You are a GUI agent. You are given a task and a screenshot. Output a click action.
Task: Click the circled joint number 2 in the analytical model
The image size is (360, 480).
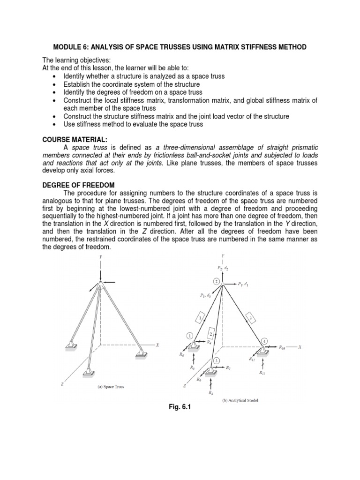[216, 281]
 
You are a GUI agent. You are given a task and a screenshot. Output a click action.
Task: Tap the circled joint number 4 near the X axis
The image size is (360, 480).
[264, 341]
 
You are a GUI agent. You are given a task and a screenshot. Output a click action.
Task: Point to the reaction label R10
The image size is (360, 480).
[283, 347]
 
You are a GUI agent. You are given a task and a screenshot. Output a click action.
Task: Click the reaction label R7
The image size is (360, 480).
[228, 368]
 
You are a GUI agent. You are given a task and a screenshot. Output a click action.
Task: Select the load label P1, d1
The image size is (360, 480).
[243, 284]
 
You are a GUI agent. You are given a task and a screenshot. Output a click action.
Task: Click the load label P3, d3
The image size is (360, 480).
[205, 295]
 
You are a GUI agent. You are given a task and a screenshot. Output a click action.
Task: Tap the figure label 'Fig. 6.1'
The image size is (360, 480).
[180, 407]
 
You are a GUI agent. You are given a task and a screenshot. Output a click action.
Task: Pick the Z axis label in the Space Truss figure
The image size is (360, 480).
[62, 383]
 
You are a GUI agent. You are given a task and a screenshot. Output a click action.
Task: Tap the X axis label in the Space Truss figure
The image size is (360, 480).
[157, 345]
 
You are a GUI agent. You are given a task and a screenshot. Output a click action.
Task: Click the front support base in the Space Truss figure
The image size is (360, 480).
[88, 373]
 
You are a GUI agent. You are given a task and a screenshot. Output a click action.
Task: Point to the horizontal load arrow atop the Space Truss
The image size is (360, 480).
[110, 282]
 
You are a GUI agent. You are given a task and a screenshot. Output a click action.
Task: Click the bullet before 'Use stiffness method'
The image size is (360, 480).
[54, 124]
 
